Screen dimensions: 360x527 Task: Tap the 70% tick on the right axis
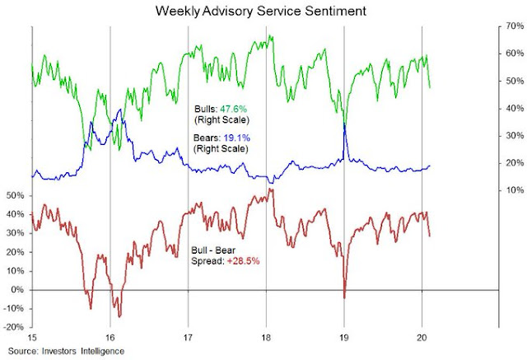512,26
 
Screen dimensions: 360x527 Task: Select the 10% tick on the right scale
512,190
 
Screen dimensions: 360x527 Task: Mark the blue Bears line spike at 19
345,124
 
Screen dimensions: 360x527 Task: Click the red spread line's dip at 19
345,297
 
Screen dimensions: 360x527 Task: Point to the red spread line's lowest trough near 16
120,316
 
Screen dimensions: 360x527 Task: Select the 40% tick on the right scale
512,108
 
